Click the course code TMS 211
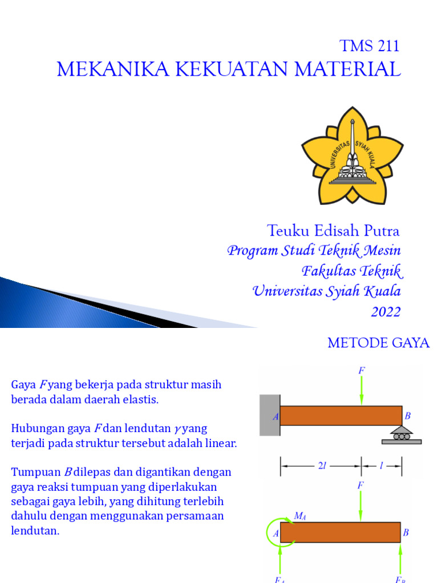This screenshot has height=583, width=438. click(369, 46)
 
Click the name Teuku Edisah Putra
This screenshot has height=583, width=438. click(333, 231)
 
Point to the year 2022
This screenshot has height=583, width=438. click(386, 312)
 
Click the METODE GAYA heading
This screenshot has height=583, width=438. click(378, 343)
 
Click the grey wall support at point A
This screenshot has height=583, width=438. click(269, 415)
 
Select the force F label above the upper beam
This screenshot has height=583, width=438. click(362, 371)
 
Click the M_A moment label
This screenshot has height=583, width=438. click(299, 516)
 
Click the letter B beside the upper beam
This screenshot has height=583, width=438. click(407, 416)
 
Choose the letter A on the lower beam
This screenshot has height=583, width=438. click(275, 533)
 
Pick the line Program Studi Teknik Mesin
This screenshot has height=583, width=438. click(314, 251)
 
